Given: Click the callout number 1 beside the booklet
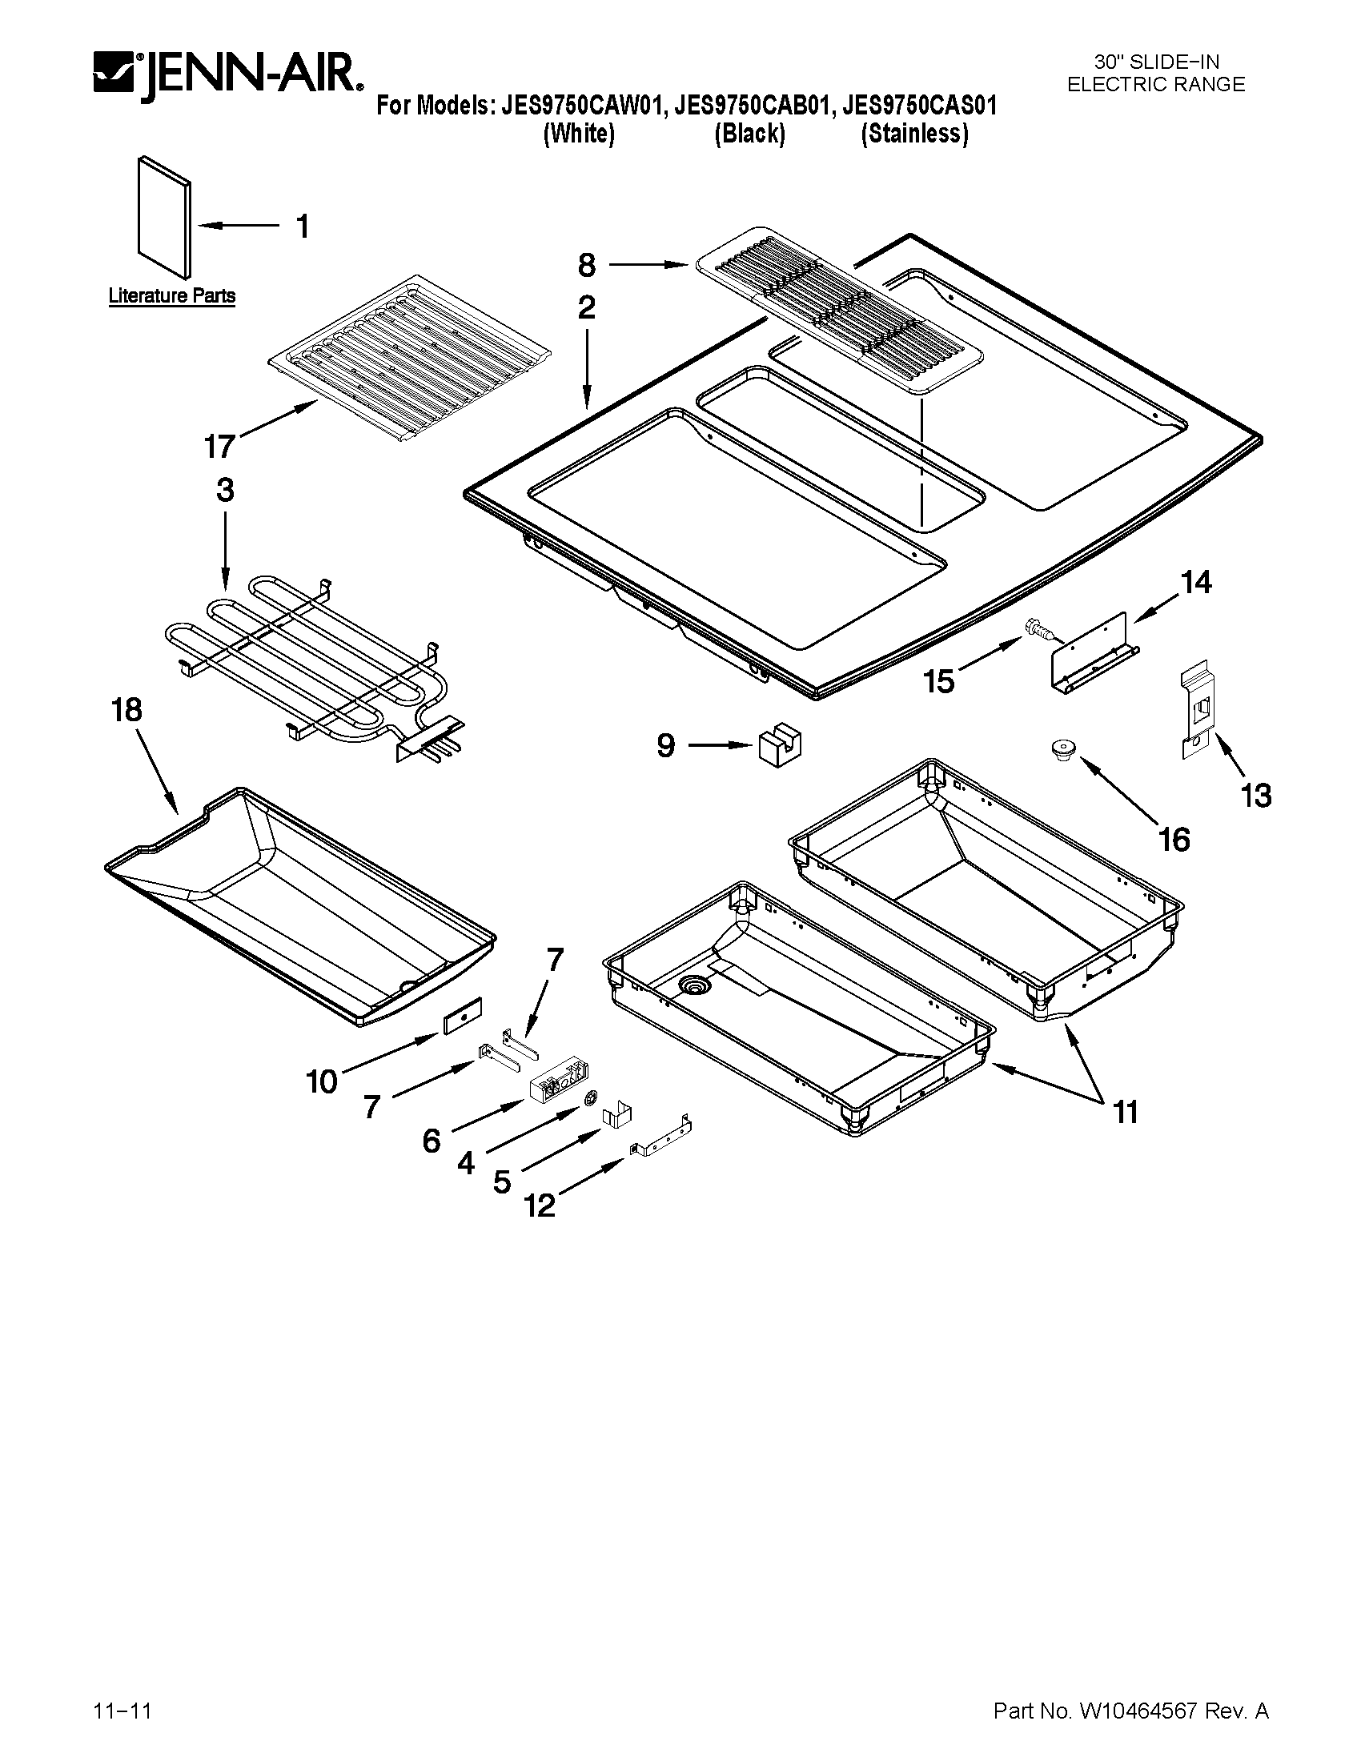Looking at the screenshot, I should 303,227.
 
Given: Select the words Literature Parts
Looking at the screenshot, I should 172,296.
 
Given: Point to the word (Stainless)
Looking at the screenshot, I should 914,134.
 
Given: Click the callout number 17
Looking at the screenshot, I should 219,446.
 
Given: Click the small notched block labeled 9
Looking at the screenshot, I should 780,748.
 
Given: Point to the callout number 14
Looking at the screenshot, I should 1196,582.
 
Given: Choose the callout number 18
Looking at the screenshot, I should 127,710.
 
